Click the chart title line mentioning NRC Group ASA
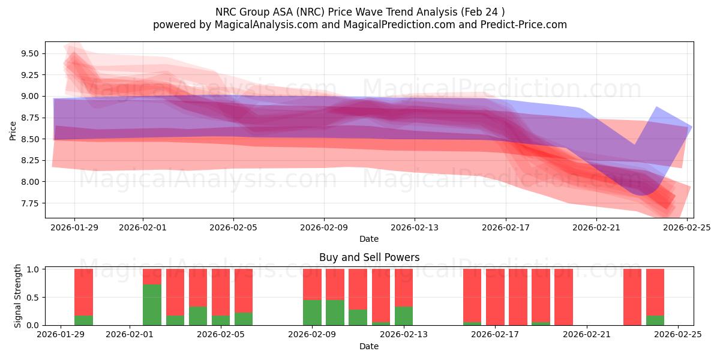(359, 11)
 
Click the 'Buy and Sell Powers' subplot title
(369, 257)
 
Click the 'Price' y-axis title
(13, 130)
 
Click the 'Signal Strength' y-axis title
(18, 296)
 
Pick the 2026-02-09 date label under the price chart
(324, 227)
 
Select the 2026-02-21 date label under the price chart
(596, 227)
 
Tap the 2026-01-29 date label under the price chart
(74, 227)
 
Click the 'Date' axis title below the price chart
(369, 239)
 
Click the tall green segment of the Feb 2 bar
(152, 305)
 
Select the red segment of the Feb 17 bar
(495, 296)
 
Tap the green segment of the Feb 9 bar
(312, 313)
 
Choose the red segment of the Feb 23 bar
(632, 296)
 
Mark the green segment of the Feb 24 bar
(655, 320)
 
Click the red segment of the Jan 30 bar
(83, 292)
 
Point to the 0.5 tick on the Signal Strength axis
(34, 297)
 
